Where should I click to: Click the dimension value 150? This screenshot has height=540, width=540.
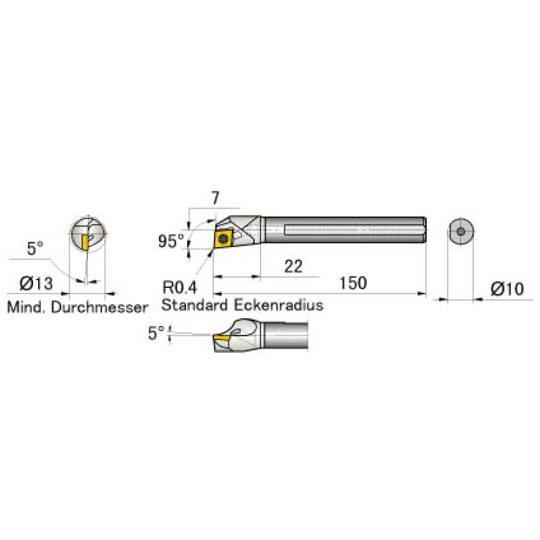click(353, 283)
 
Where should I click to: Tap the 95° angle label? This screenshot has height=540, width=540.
click(170, 241)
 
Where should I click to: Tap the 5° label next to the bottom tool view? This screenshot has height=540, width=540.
click(156, 332)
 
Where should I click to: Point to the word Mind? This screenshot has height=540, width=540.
click(23, 308)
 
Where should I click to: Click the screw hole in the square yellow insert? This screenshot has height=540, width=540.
click(224, 238)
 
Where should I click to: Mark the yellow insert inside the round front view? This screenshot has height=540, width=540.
click(85, 241)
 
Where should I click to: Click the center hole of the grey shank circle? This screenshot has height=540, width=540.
click(460, 232)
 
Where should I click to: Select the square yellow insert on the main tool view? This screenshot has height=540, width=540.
click(224, 238)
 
